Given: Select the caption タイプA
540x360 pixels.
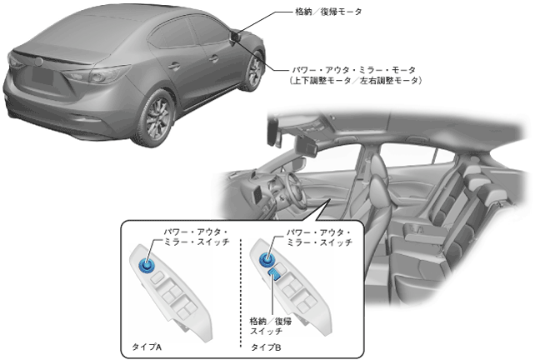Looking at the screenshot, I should click(x=147, y=343).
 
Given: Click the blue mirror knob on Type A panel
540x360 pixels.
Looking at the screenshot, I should click(x=149, y=265).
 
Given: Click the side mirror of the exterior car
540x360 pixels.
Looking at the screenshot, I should click(x=237, y=37).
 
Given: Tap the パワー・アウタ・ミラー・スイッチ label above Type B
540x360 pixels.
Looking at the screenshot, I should click(x=319, y=236).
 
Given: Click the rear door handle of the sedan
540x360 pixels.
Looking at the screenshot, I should click(x=174, y=64).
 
